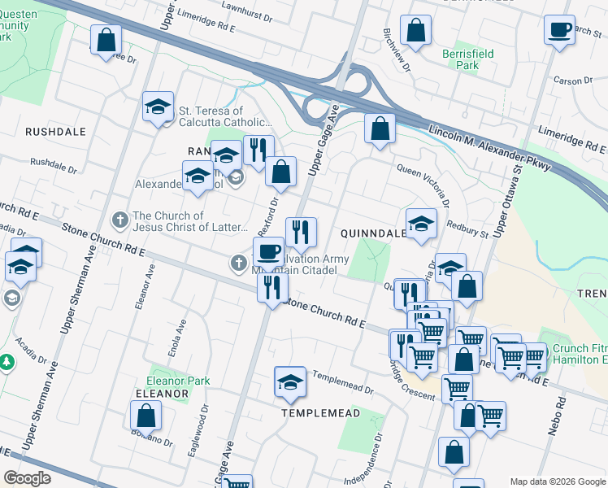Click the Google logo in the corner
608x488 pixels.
click(x=28, y=477)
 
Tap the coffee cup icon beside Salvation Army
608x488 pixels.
click(x=268, y=251)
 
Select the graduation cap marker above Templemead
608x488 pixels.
click(x=290, y=381)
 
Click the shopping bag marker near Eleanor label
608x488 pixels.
click(x=145, y=415)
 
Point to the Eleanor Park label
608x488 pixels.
click(x=178, y=381)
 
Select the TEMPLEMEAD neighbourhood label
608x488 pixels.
click(x=320, y=413)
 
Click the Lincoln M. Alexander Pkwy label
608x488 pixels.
click(x=492, y=133)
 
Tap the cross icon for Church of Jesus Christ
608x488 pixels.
click(x=119, y=220)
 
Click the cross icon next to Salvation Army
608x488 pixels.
click(x=238, y=262)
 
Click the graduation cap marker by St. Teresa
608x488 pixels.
click(x=158, y=106)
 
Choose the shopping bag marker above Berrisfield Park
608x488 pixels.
click(x=415, y=31)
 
